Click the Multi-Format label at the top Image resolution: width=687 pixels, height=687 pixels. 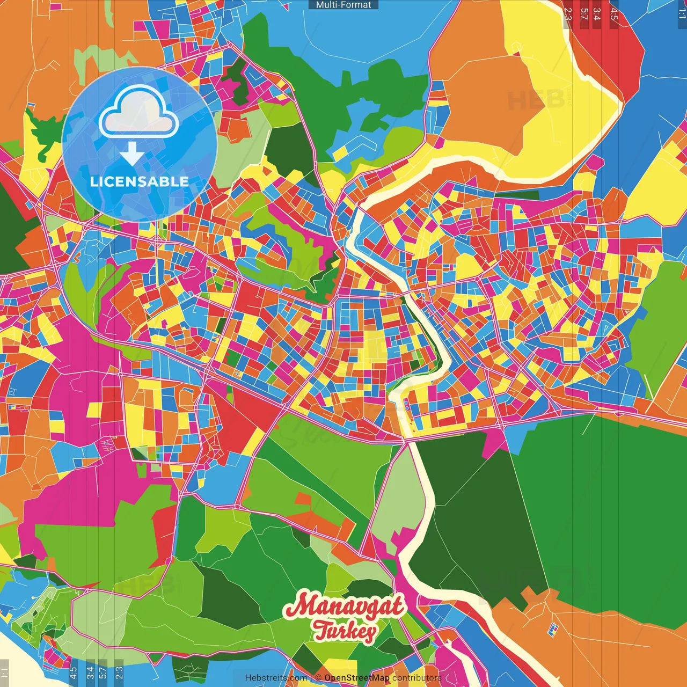click(343, 5)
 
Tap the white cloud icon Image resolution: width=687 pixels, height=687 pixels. click(138, 112)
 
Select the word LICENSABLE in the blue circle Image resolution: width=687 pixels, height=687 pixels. click(140, 181)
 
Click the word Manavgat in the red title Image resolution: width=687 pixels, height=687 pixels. click(344, 606)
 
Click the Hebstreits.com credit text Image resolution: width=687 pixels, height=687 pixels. click(276, 678)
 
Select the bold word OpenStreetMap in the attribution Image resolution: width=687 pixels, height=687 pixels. click(357, 678)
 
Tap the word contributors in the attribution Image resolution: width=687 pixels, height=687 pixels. click(417, 678)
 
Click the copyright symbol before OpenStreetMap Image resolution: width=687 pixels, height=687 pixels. click(318, 678)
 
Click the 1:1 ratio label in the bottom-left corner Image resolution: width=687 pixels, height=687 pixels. click(5, 673)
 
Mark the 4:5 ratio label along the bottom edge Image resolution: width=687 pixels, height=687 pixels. click(74, 673)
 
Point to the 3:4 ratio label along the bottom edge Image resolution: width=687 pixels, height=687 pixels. click(90, 673)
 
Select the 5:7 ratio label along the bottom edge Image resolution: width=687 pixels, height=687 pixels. click(103, 673)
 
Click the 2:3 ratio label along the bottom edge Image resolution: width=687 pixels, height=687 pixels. click(119, 673)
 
